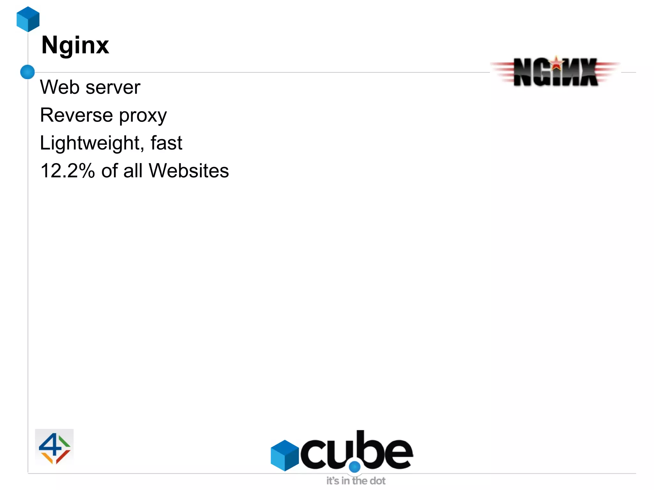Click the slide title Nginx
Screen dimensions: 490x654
(75, 46)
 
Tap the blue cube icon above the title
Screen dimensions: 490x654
(28, 19)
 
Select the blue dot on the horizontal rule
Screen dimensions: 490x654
(27, 72)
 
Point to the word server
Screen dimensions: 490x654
(113, 87)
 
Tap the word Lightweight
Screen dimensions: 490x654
(90, 143)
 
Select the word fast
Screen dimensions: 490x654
(166, 143)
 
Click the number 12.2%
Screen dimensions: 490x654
(67, 170)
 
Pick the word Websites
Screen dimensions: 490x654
(189, 170)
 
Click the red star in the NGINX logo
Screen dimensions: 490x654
(557, 63)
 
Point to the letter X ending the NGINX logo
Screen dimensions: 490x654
(589, 72)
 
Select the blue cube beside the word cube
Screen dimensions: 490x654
(285, 455)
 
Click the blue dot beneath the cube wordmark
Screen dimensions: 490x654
(354, 467)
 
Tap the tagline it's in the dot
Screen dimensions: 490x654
(356, 481)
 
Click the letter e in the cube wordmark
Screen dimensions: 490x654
(398, 454)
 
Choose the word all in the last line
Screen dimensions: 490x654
(133, 170)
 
